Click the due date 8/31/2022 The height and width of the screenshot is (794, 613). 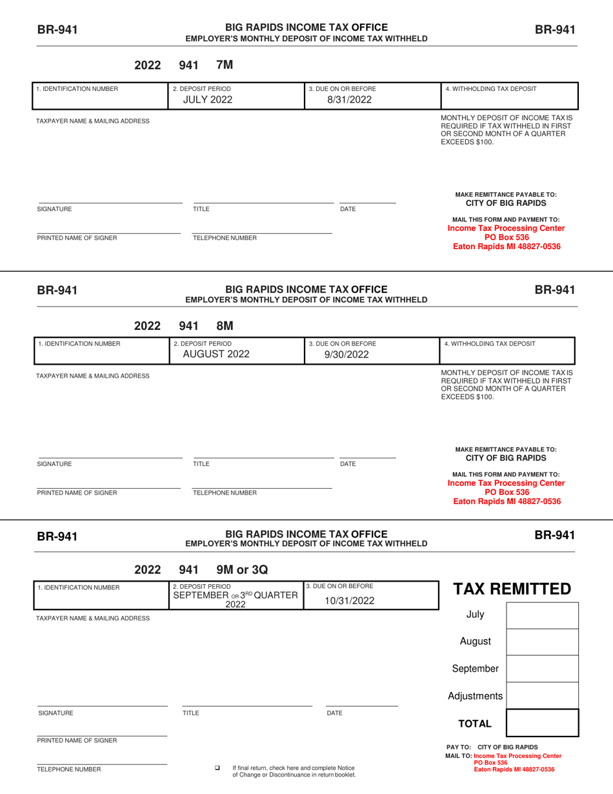point(349,100)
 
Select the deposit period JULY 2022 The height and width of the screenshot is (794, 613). point(205,100)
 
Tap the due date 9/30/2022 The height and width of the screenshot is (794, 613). point(349,354)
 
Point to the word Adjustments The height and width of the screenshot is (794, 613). point(475,696)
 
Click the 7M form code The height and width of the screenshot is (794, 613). point(224,65)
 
